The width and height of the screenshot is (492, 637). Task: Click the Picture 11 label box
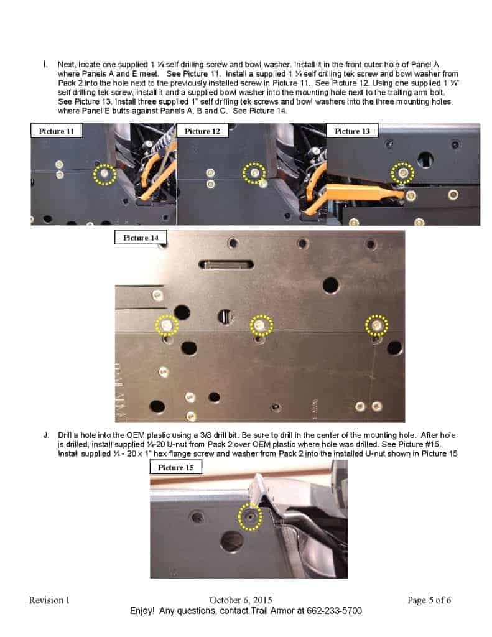[x=57, y=131]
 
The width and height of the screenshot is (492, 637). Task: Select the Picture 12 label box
[x=202, y=131]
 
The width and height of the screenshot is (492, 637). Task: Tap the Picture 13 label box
[x=352, y=131]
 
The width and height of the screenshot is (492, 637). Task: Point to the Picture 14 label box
[x=141, y=238]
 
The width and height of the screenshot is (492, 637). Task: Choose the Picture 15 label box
[x=176, y=467]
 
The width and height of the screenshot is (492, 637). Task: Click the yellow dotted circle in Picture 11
[x=104, y=175]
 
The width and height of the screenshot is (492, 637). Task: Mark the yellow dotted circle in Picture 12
[x=253, y=173]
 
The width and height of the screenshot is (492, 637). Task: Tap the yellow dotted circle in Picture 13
[x=403, y=172]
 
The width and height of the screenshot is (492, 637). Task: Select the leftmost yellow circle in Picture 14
[x=167, y=325]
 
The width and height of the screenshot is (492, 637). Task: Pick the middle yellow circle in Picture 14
[x=261, y=325]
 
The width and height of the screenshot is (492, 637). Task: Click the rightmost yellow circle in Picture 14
[x=376, y=325]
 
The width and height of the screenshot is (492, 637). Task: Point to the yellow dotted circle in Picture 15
[x=250, y=518]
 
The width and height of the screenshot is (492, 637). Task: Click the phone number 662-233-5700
[x=328, y=611]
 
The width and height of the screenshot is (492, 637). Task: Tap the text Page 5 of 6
[x=429, y=600]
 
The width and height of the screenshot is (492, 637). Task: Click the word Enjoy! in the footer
[x=142, y=611]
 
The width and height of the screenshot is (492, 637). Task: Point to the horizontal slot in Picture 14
[x=226, y=265]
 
